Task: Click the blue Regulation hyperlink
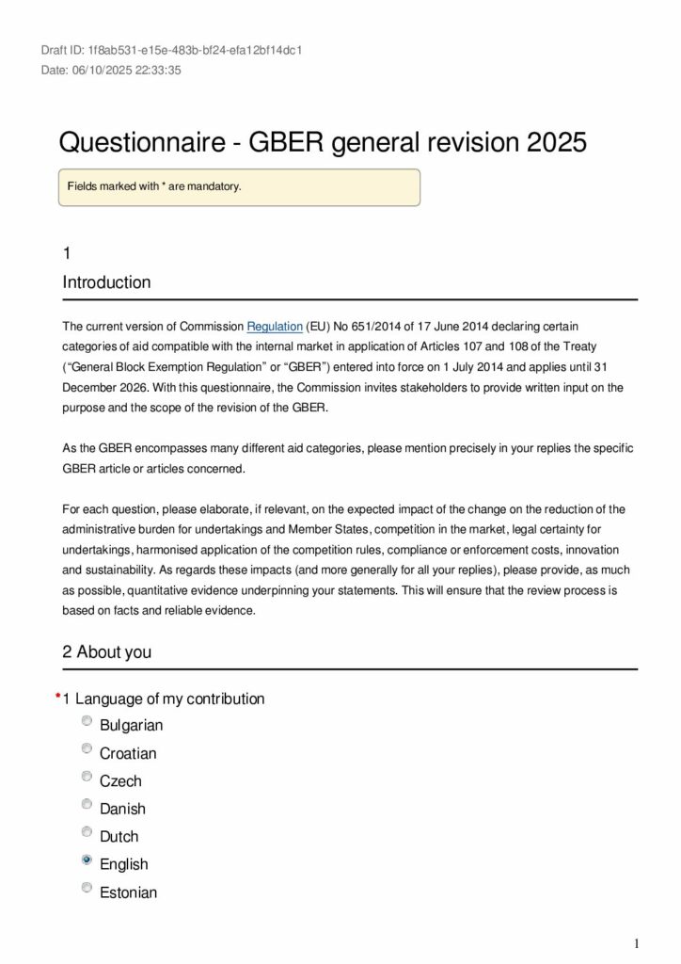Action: point(275,327)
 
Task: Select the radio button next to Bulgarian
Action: point(87,721)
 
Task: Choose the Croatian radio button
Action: point(87,749)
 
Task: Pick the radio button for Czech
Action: point(87,777)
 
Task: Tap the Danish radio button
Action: point(87,805)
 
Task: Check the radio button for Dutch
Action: point(87,832)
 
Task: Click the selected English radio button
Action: point(87,860)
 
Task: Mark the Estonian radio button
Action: point(87,888)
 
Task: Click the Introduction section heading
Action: point(106,282)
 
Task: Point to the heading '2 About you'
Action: point(106,652)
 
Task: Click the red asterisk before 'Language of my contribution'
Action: point(57,697)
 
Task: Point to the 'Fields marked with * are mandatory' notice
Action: point(155,186)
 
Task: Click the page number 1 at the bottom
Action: point(637,944)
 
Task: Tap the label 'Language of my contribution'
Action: point(169,699)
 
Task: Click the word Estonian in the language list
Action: point(128,892)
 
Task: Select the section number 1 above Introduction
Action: point(67,253)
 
